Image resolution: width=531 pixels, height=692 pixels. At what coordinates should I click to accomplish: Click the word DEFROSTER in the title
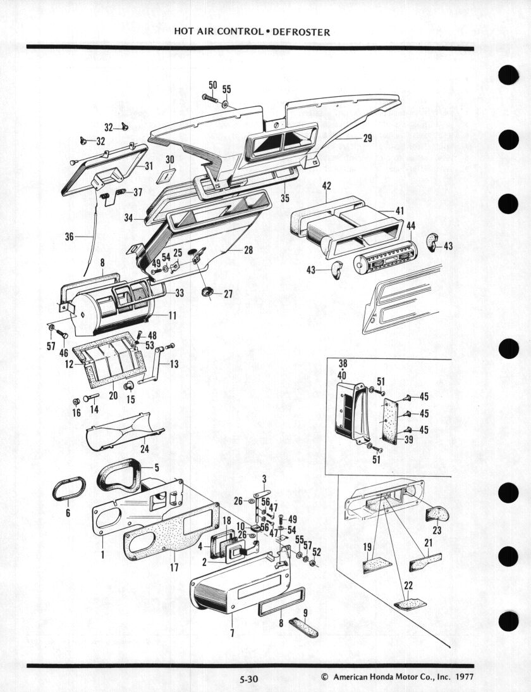(x=301, y=32)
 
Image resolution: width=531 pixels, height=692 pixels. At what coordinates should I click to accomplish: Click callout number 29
(x=367, y=138)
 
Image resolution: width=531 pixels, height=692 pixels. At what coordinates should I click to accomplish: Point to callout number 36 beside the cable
(x=70, y=237)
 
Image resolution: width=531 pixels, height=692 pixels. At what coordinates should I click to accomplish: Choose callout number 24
(x=145, y=449)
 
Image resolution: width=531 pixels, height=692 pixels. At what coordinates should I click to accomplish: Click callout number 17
(x=174, y=567)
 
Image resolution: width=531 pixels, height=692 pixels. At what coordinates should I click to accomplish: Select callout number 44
(x=411, y=226)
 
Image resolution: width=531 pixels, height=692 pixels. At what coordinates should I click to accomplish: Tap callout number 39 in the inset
(x=408, y=439)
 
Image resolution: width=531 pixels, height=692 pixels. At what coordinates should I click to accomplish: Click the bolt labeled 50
(x=211, y=98)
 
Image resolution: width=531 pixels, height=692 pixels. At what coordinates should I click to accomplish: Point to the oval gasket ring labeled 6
(x=69, y=489)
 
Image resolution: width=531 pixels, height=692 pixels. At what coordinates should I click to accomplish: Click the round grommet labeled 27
(x=207, y=291)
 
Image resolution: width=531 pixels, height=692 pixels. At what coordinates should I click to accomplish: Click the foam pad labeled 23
(x=437, y=514)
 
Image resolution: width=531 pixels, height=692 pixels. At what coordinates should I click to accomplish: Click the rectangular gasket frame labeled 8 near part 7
(x=281, y=601)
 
